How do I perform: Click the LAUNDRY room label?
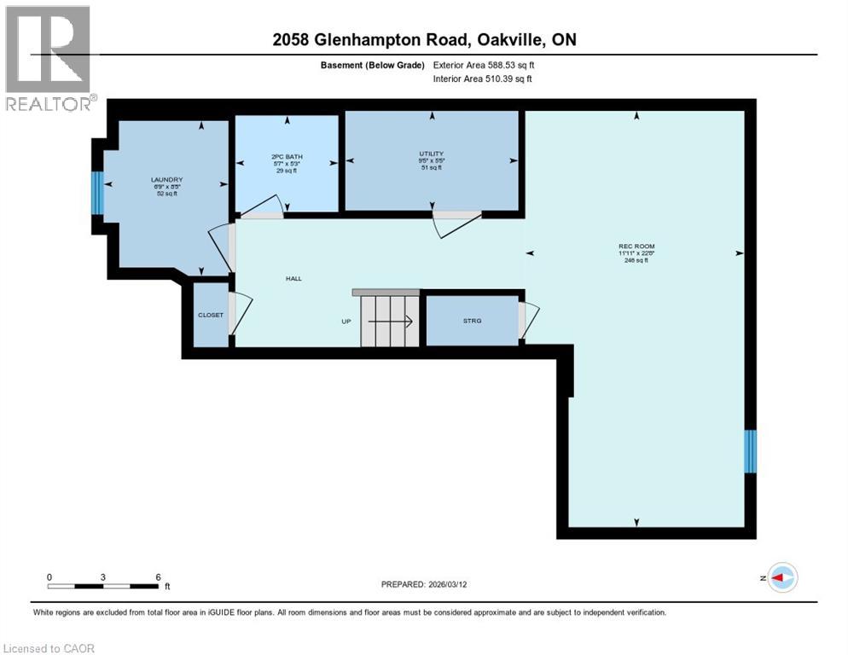coord(166,180)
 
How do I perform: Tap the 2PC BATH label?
coord(287,157)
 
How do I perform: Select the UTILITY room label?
coord(431,154)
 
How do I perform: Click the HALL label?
coord(293,279)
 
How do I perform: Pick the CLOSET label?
coord(211,315)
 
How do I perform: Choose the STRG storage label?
coord(472,321)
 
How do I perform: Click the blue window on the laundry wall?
coord(96,193)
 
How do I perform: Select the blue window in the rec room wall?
coord(750,451)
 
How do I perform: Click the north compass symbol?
coord(781,577)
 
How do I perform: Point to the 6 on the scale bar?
coord(158,577)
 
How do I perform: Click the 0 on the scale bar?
coord(49,577)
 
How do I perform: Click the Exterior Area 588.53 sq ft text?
coord(484,65)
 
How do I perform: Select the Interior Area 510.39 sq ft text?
coord(484,79)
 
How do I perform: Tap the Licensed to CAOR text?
coord(49,648)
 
